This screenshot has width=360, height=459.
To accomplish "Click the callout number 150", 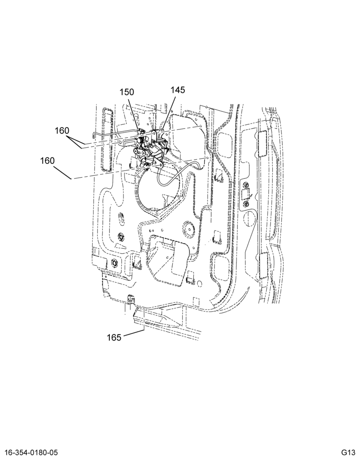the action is coord(127,92).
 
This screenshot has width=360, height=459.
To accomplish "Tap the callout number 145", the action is coord(178,90).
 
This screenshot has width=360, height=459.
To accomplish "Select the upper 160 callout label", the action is coord(62,130).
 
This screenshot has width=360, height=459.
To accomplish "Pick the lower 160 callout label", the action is coord(47,161).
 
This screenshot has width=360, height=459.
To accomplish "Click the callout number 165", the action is coord(114,337).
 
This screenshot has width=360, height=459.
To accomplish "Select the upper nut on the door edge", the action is coord(246,185).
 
